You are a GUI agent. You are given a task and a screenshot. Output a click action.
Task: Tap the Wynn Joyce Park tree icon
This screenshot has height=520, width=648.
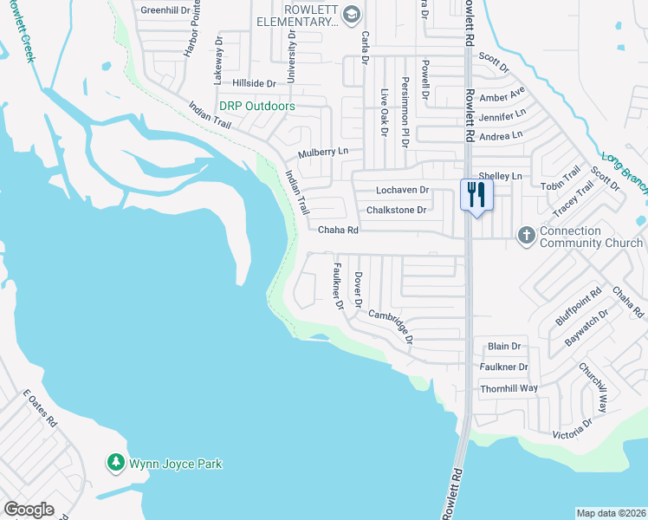click(115, 463)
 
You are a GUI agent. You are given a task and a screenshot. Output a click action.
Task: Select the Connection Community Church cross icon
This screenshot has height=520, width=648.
click(526, 235)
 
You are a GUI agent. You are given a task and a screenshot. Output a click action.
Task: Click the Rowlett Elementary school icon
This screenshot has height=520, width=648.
click(351, 14)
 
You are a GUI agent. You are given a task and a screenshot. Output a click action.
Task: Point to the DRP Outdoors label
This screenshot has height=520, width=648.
click(256, 106)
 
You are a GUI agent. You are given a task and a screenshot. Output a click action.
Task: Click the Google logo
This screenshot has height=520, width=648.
click(29, 510)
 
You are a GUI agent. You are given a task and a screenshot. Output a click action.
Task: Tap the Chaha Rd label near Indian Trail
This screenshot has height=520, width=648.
click(338, 231)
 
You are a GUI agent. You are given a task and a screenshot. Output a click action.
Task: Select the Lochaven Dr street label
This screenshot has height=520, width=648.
click(402, 190)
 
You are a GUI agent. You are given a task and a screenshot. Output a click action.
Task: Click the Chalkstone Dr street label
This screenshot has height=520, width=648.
click(396, 210)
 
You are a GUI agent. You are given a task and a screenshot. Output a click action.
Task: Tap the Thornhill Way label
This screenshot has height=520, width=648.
click(509, 388)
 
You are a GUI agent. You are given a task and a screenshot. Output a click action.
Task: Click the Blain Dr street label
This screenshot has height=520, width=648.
click(504, 346)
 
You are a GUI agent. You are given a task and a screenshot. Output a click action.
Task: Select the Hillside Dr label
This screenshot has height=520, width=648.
click(254, 83)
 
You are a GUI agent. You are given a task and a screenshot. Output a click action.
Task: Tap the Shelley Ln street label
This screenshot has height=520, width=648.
click(505, 176)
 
